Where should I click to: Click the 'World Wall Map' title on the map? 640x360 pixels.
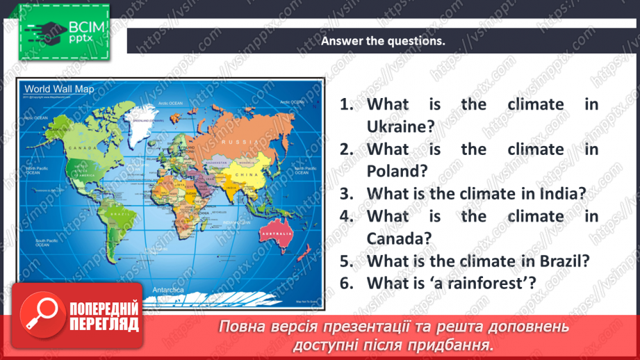[x=59, y=88]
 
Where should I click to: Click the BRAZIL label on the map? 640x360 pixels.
[x=124, y=216]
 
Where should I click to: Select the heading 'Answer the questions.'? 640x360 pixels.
[x=382, y=40]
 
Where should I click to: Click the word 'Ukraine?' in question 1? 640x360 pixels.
[x=400, y=126]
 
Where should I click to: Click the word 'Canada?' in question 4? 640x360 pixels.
[x=399, y=238]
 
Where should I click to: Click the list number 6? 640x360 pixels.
[x=347, y=282]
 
